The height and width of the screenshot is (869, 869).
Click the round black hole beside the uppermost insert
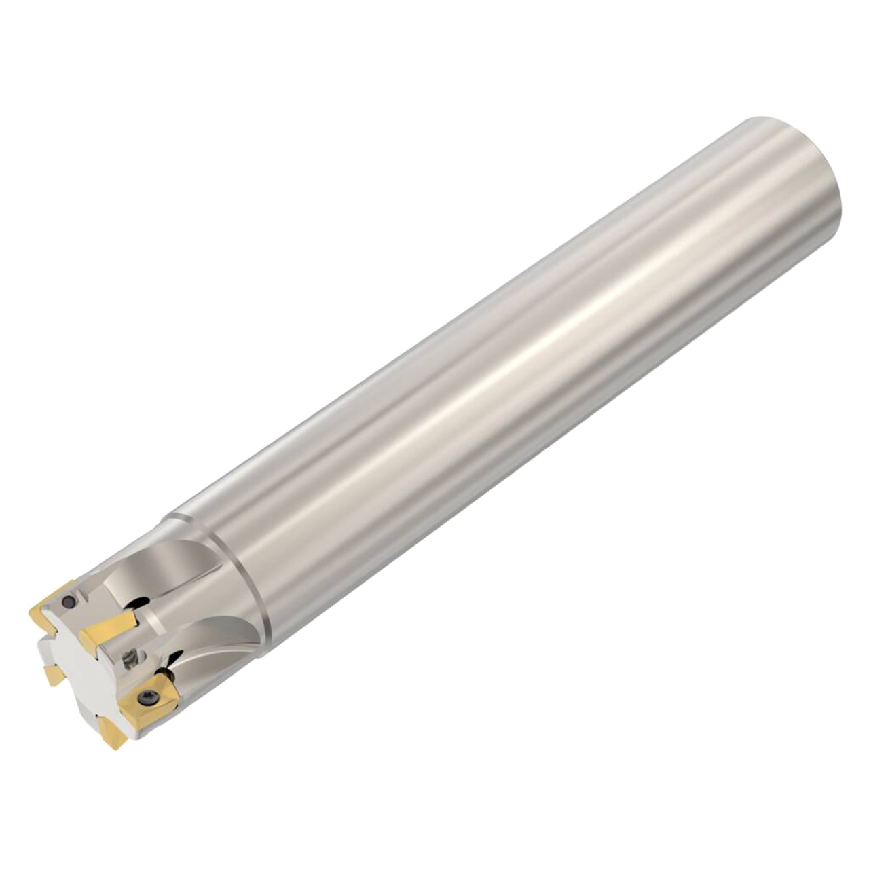click(x=68, y=602)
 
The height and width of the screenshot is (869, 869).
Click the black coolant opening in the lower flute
click(x=174, y=658)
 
